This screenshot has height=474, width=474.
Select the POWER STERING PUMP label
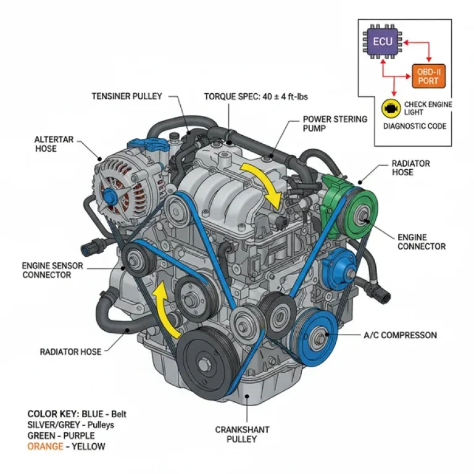tap(335, 124)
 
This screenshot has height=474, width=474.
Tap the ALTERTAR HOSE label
tap(54, 144)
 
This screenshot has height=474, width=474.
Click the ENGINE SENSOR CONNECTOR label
tap(46, 270)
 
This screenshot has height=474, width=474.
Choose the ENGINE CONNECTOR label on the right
tap(422, 241)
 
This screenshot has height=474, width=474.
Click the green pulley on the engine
tap(357, 214)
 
